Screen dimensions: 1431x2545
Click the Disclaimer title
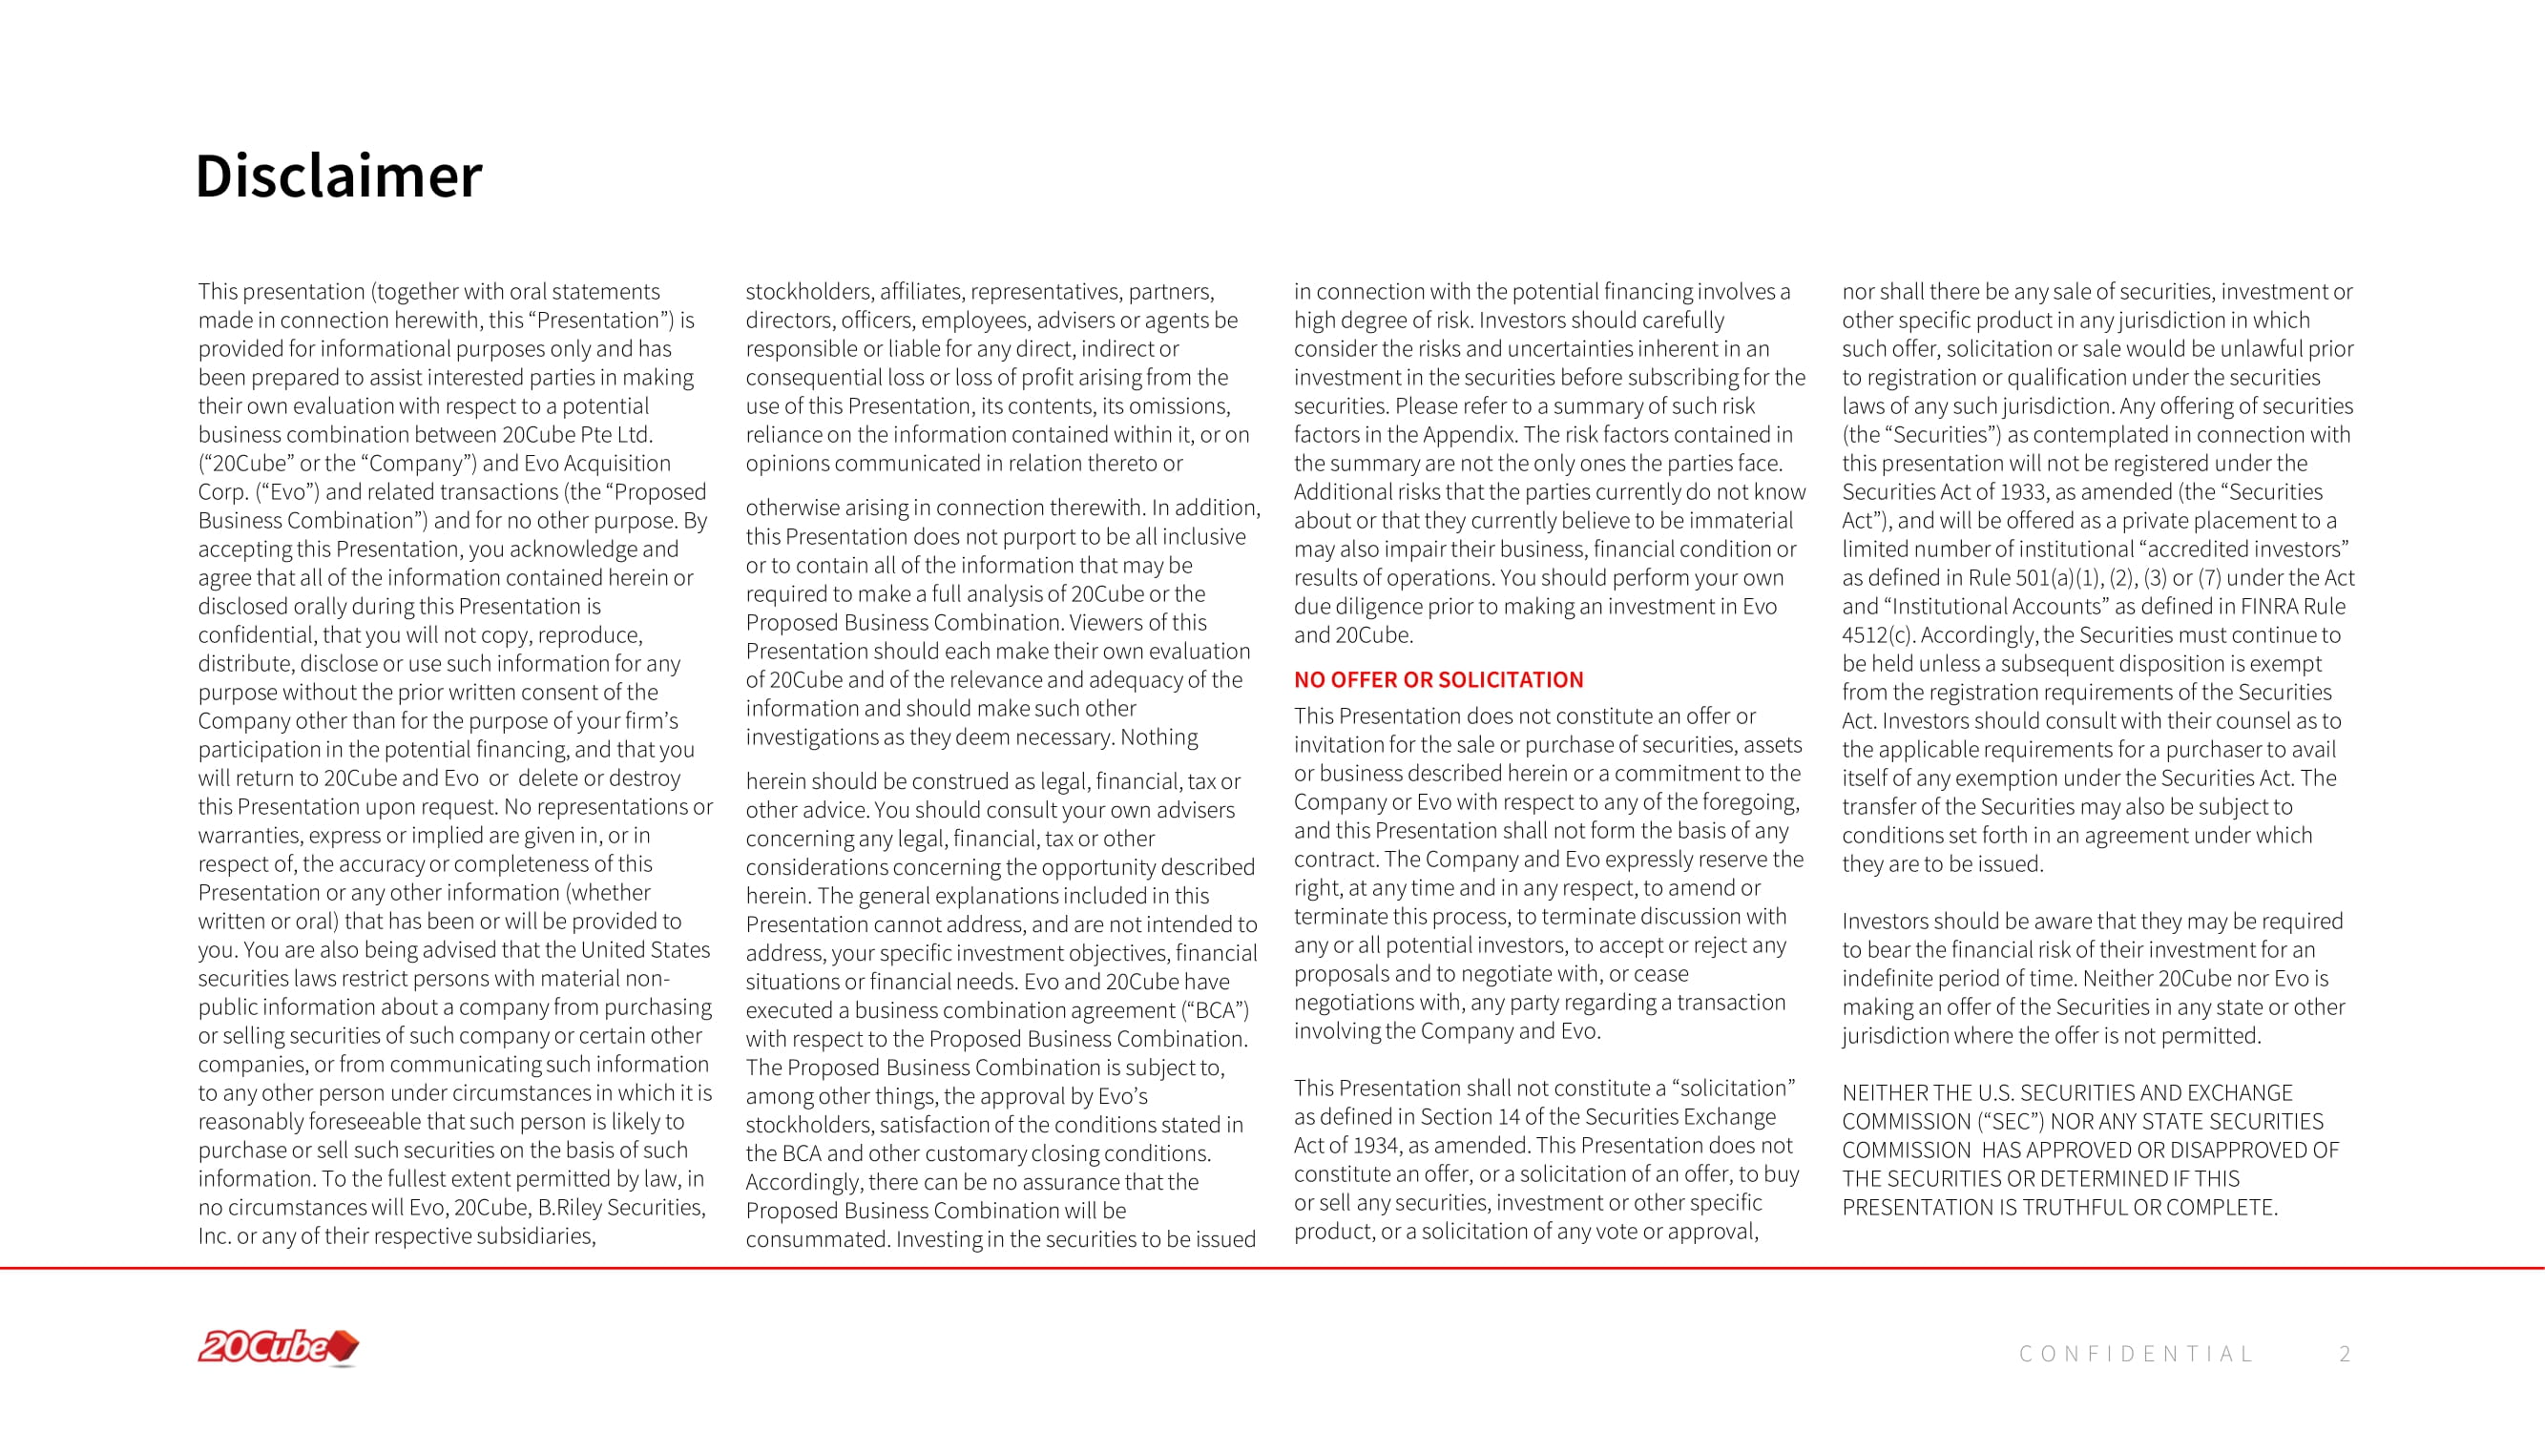click(x=338, y=176)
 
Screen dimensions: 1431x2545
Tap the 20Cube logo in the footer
click(x=278, y=1347)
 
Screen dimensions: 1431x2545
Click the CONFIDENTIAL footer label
click(x=2136, y=1354)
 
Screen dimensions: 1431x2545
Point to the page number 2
click(x=2345, y=1354)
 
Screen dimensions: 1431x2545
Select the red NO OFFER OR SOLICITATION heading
click(x=1438, y=679)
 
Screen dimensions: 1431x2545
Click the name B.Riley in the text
click(x=569, y=1207)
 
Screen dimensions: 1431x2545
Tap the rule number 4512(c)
click(x=1877, y=634)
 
